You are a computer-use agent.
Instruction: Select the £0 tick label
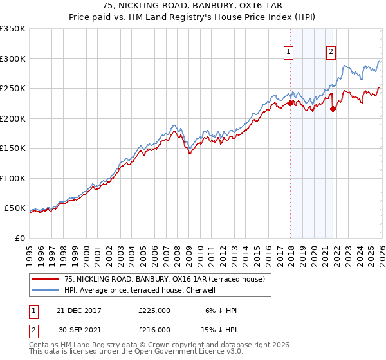tap(19, 238)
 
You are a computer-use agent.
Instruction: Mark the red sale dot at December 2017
tap(290, 103)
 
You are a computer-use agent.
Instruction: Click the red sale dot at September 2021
tap(333, 109)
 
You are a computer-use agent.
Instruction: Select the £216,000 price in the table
tap(154, 328)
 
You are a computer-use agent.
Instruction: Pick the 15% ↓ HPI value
tap(219, 328)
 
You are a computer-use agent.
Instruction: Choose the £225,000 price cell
tap(154, 310)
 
